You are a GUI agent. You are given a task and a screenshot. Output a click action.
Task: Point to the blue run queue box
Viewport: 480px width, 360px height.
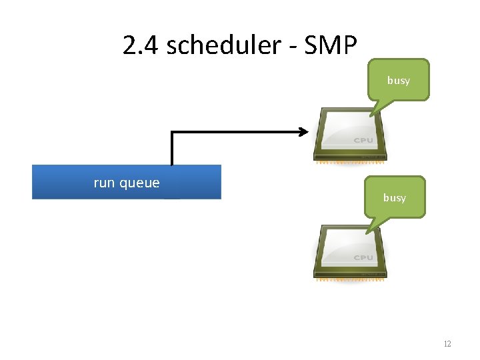coord(127,182)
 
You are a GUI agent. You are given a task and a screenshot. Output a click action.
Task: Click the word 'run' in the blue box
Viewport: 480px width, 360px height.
coord(105,183)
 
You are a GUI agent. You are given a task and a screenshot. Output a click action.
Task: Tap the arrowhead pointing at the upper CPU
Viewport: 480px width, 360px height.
coord(303,132)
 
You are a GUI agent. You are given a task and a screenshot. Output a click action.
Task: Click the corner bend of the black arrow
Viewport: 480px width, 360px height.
coord(173,133)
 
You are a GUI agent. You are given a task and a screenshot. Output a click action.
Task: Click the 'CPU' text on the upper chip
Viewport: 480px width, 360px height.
coord(363,141)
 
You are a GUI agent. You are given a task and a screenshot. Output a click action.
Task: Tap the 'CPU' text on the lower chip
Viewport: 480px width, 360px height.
coord(363,257)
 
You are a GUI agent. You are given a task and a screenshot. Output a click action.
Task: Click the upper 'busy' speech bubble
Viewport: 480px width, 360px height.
coord(399,80)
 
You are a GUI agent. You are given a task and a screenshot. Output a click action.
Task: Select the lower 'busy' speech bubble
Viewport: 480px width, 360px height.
coord(394,197)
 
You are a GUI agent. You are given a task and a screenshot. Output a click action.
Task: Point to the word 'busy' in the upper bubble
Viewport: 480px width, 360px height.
coord(399,81)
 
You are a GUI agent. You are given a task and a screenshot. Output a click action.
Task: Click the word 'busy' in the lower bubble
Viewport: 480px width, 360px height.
coord(394,198)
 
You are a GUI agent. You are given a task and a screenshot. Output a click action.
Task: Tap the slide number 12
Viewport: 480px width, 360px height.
coord(447,344)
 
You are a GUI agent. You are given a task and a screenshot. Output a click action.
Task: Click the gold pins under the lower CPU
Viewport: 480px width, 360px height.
coord(350,279)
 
